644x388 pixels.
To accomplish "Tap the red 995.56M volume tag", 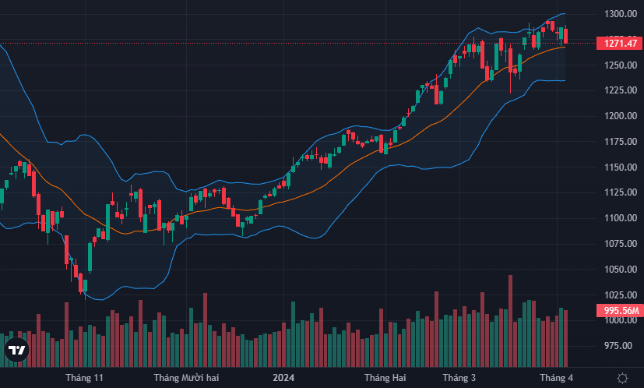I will (618, 311).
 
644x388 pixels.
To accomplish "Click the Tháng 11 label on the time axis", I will (85, 378).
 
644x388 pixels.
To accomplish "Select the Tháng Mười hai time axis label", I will (186, 378).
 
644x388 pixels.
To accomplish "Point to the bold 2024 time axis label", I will (283, 378).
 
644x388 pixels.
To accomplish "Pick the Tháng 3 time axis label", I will (459, 378).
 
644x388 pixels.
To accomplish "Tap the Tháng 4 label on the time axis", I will (558, 378).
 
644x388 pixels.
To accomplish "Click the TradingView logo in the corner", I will (16, 351).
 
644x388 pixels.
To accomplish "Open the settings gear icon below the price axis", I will (622, 378).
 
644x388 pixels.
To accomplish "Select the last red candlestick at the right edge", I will (566, 35).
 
